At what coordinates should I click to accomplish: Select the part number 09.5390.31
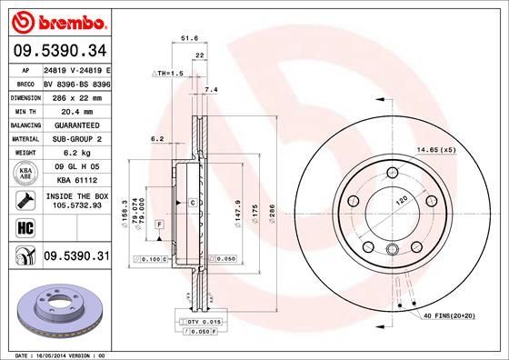[x=77, y=257]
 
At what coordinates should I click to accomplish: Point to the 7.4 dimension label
[x=211, y=89]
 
